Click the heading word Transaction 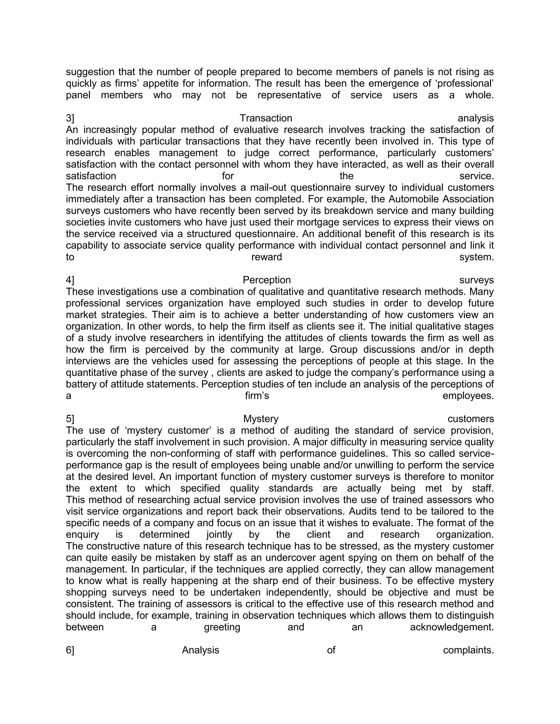(x=266, y=118)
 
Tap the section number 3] (x=70, y=118)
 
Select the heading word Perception (x=267, y=280)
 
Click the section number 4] (x=70, y=280)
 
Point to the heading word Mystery (x=261, y=419)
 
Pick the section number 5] (x=70, y=419)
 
